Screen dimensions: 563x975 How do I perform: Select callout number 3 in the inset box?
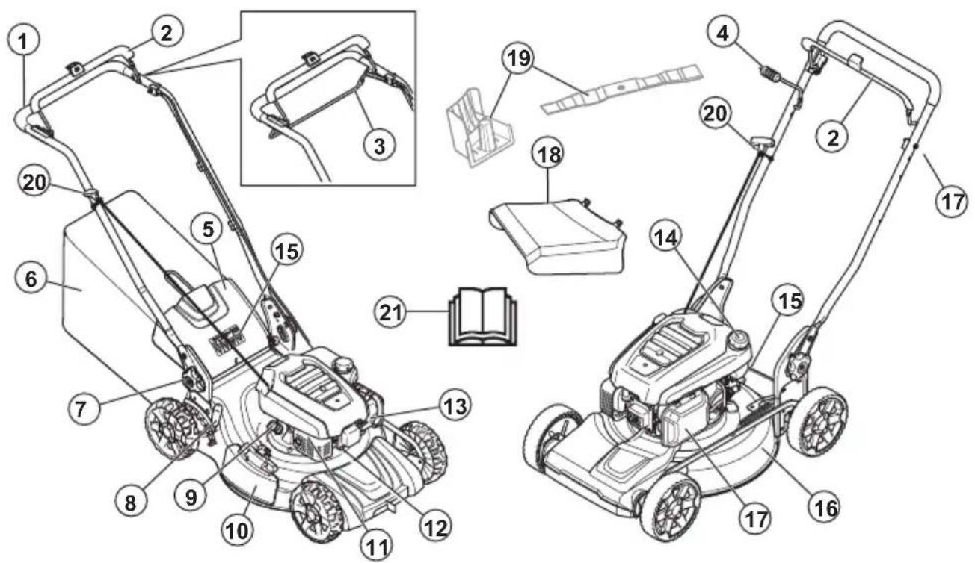379,145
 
